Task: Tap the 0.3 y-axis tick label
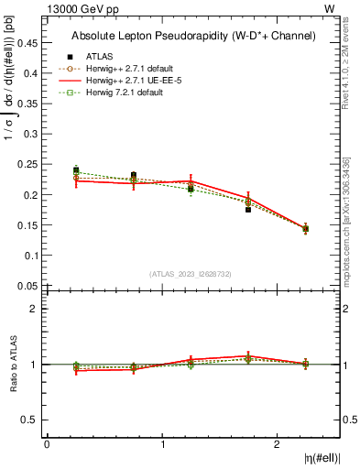point(31,134)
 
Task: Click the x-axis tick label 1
point(162,444)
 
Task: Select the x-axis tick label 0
point(47,444)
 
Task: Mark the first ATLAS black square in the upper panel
point(76,170)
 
